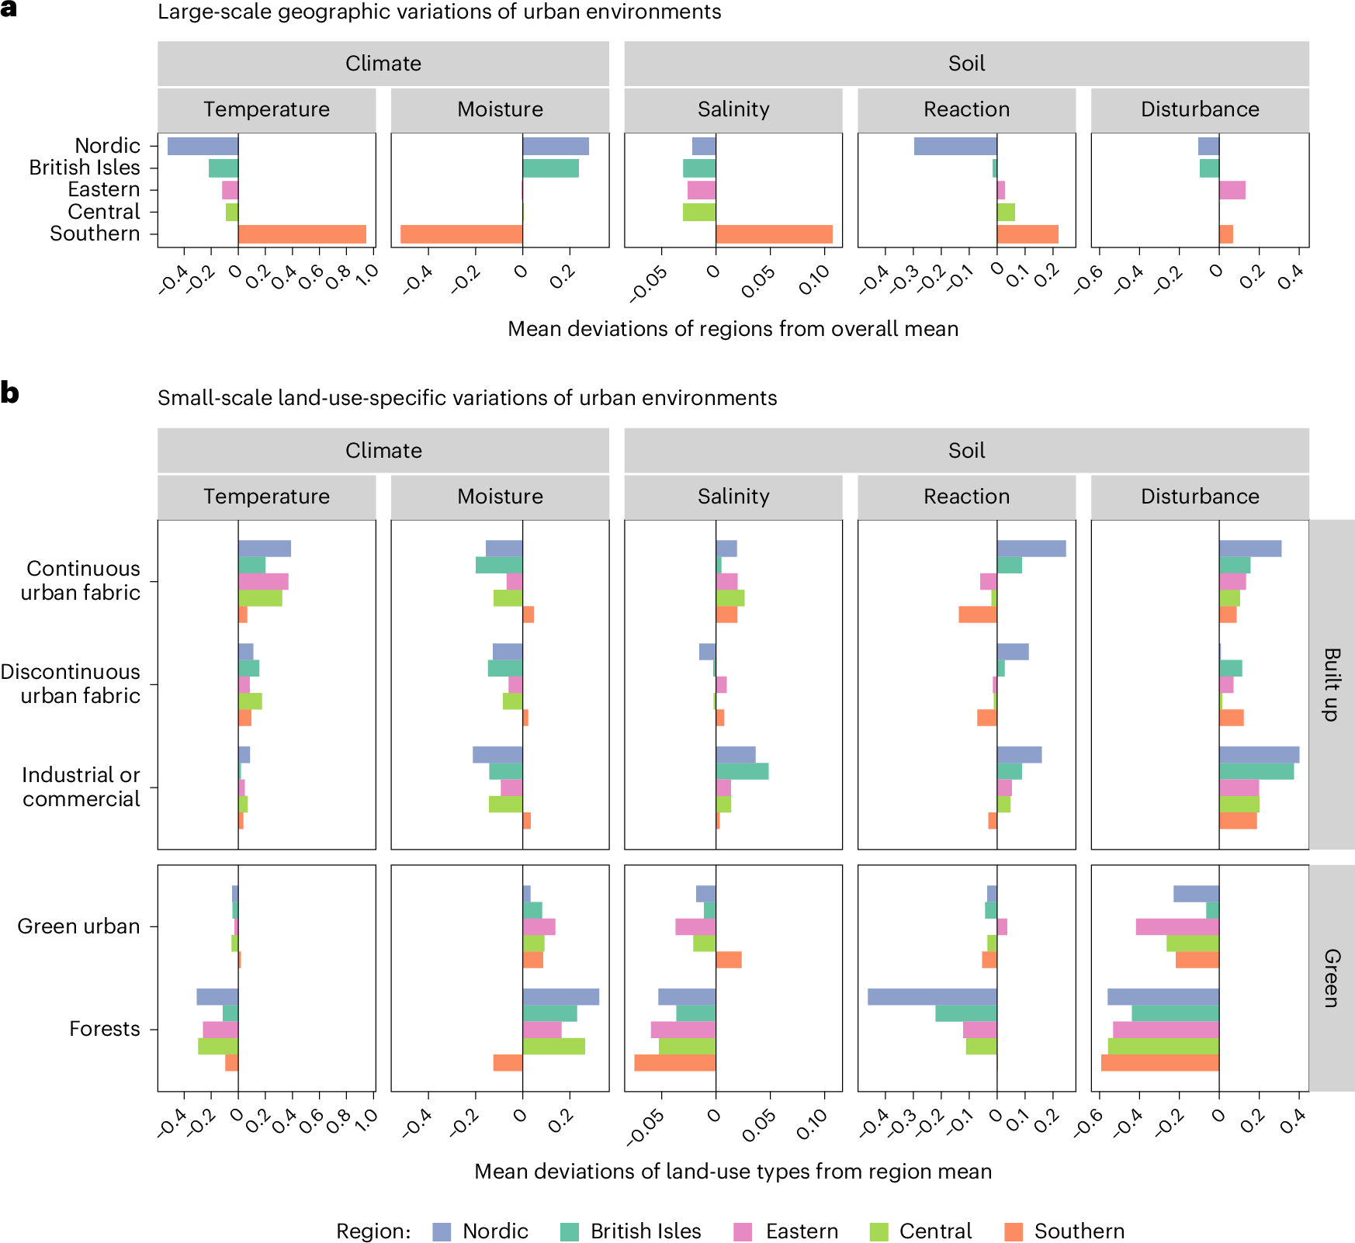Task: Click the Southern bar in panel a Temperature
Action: (302, 234)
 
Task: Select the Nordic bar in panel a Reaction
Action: (955, 146)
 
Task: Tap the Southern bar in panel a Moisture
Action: (461, 234)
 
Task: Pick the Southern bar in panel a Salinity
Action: (774, 234)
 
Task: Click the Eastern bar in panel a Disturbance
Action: (1232, 190)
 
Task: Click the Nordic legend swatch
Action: (442, 1231)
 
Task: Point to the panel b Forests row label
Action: (105, 1029)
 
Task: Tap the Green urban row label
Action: (78, 926)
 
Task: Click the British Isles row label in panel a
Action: (85, 168)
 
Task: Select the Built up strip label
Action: (1332, 684)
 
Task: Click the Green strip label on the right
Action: (1332, 978)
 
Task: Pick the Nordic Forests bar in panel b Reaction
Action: (931, 997)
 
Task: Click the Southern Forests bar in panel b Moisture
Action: (508, 1063)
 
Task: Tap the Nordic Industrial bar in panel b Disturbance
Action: (1259, 755)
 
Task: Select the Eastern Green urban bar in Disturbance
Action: (1177, 926)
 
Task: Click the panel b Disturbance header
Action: (1199, 497)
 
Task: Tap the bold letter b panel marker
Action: (9, 393)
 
